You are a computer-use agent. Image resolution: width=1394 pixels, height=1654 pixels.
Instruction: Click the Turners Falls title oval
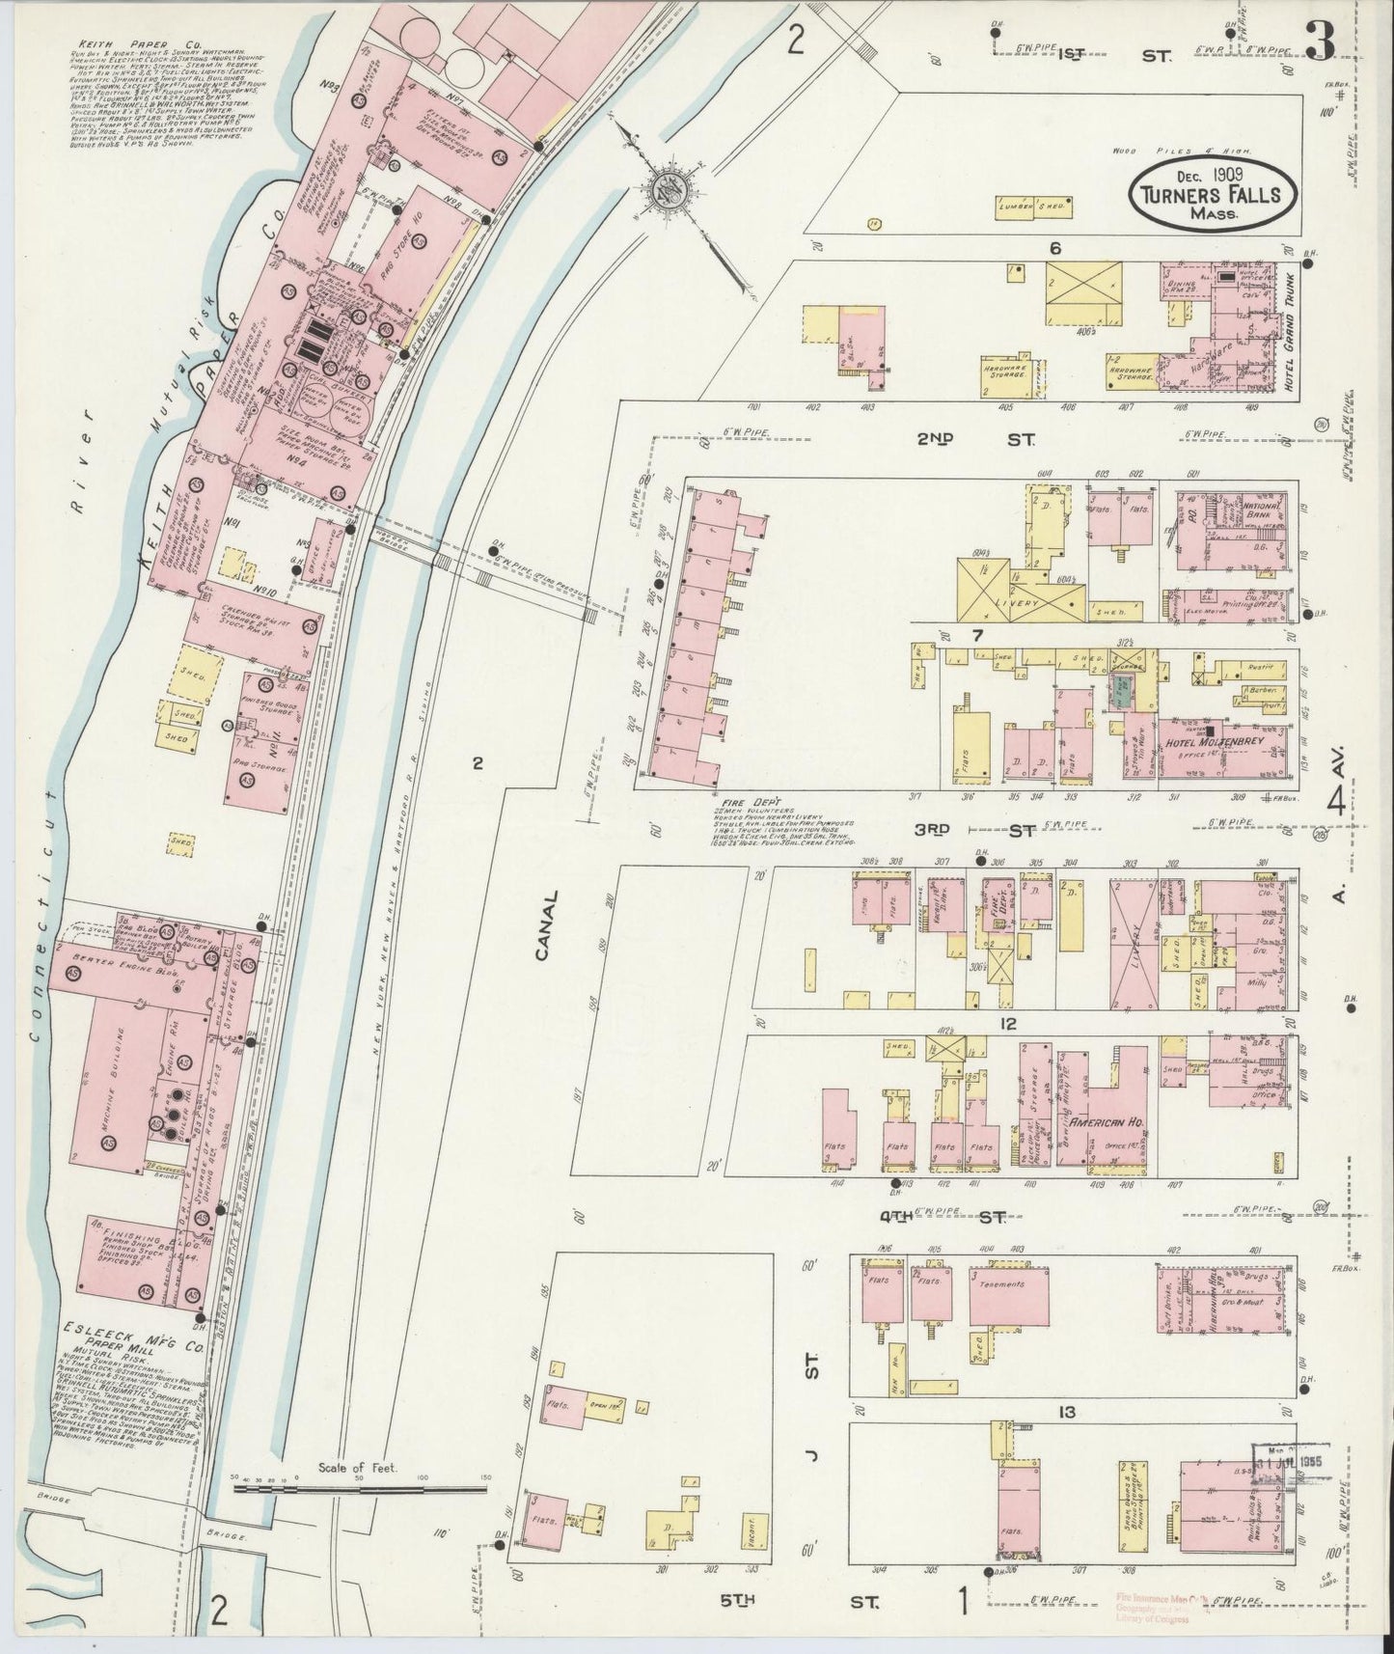pos(1212,194)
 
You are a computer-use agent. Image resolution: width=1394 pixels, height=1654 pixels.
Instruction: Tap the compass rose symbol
pos(668,187)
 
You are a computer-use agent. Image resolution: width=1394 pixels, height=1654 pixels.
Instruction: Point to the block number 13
pos(1065,1413)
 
